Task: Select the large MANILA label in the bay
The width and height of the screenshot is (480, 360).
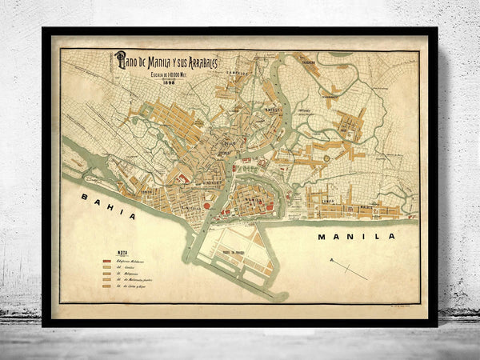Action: point(345,237)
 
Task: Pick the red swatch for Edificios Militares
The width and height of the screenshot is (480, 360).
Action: point(106,261)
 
